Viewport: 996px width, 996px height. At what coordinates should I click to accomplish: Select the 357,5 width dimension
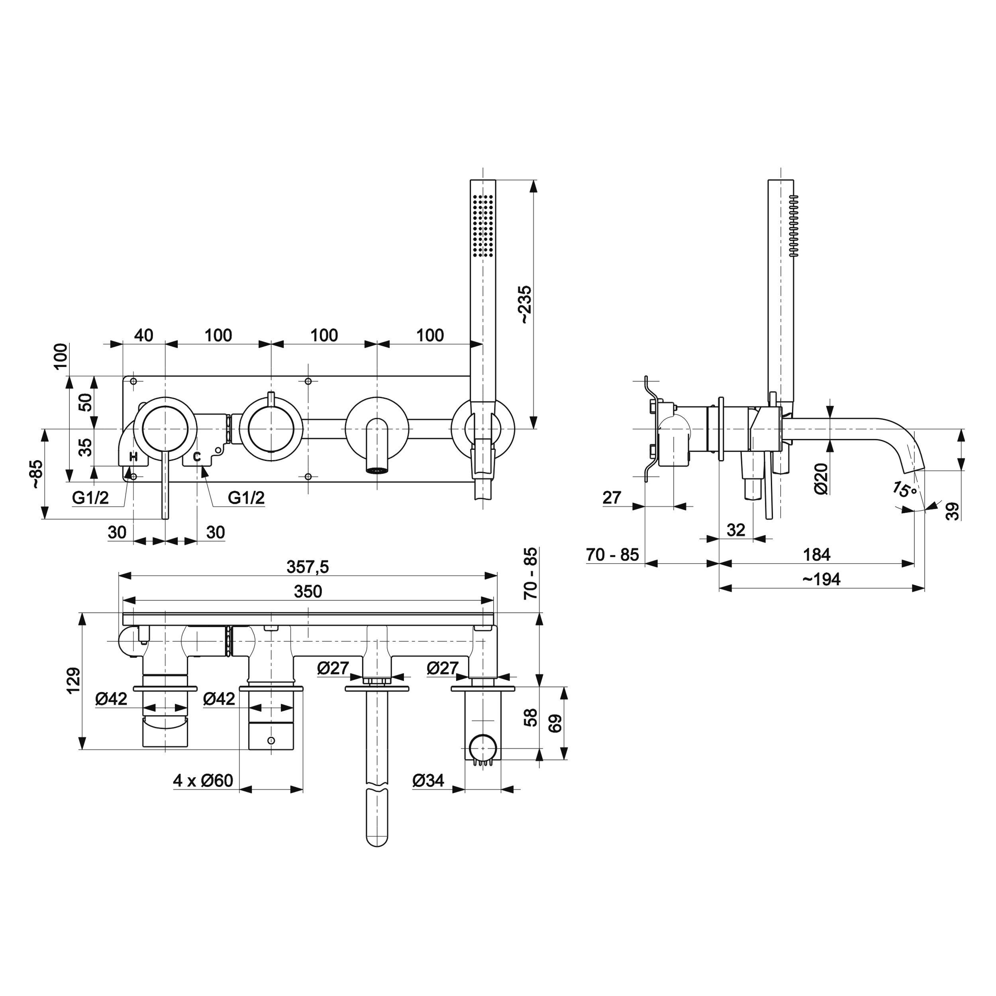[308, 567]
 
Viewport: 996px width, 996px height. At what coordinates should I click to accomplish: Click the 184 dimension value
[817, 555]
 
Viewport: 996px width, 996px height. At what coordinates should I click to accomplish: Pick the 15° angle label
[905, 489]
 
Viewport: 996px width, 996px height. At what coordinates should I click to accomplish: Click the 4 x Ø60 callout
[203, 780]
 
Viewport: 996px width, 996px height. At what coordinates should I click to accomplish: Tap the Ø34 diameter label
[428, 780]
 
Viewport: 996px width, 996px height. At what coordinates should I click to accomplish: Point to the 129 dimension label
[74, 681]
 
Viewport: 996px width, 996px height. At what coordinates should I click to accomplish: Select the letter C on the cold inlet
[197, 456]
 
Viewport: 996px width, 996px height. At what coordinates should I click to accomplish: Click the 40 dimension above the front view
[143, 335]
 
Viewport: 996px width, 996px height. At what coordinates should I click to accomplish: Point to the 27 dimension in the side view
[612, 498]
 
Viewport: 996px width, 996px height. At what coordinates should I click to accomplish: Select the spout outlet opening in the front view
[377, 470]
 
